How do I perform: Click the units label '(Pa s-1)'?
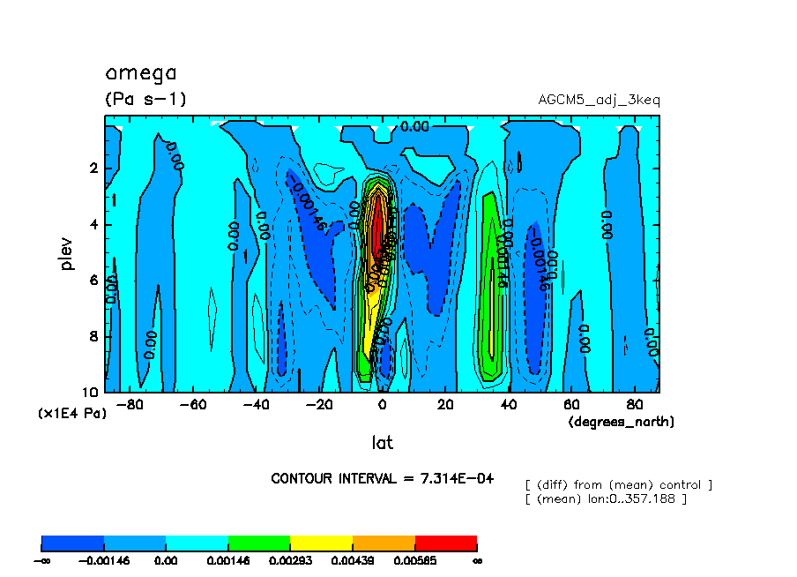coord(145,99)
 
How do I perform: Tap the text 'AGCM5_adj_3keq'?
coord(599,99)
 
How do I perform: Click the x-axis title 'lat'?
coord(382,442)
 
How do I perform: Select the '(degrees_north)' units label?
coord(621,422)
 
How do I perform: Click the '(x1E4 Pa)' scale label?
coord(71,412)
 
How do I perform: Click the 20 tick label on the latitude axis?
coord(444,405)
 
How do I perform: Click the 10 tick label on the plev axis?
coord(91,392)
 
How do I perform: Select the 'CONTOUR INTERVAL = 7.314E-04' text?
coord(383,478)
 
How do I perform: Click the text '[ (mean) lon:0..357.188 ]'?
coord(605,498)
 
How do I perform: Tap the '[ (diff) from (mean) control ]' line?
coord(618,484)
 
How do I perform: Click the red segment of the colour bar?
coord(445,543)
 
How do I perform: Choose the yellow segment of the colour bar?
coord(321,543)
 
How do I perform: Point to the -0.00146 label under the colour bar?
coord(104,560)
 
